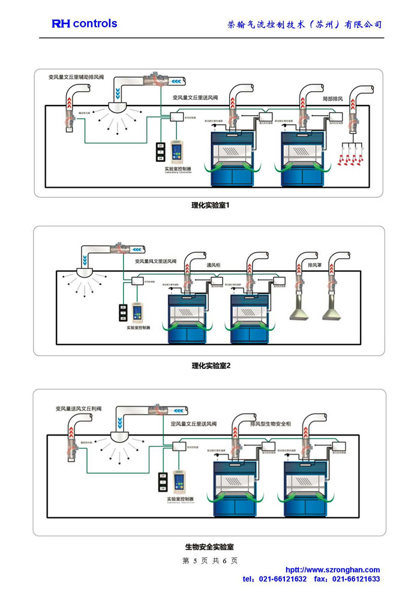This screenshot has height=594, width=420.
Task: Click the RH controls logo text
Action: (84, 24)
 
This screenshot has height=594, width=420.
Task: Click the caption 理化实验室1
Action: (211, 205)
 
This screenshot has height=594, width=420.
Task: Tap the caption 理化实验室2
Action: (211, 365)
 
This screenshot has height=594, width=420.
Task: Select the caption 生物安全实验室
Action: (209, 547)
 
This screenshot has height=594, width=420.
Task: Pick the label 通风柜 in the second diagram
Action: (215, 265)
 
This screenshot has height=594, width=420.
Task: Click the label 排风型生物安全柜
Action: (270, 424)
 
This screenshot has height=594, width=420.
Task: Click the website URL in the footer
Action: (332, 570)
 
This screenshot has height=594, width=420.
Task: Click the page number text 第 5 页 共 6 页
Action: (209, 560)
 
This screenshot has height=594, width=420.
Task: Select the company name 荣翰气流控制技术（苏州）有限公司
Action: (305, 25)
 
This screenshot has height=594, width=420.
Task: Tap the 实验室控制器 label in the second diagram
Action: (138, 328)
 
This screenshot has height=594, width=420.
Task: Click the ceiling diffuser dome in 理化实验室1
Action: (119, 109)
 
